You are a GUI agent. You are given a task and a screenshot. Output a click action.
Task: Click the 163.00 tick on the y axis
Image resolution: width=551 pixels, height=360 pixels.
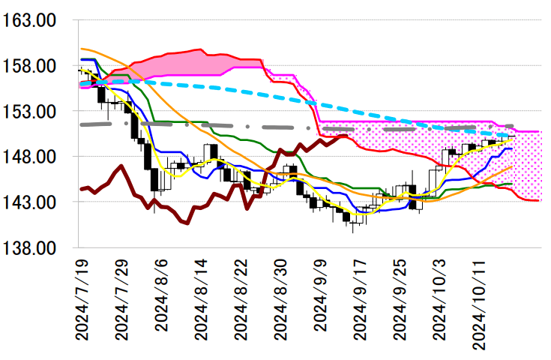coord(31,21)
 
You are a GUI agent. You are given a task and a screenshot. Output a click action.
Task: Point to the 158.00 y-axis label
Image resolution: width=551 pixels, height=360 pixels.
coord(31,66)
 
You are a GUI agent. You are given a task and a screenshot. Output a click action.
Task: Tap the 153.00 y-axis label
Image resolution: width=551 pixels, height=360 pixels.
coord(31,112)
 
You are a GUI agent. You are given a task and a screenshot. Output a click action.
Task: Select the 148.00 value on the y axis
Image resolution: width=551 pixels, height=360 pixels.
coord(31,157)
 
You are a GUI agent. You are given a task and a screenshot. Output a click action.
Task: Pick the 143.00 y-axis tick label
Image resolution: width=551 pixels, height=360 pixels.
coord(31,202)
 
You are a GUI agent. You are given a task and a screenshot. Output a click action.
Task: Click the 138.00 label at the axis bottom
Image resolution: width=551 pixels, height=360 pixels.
coord(31,247)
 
